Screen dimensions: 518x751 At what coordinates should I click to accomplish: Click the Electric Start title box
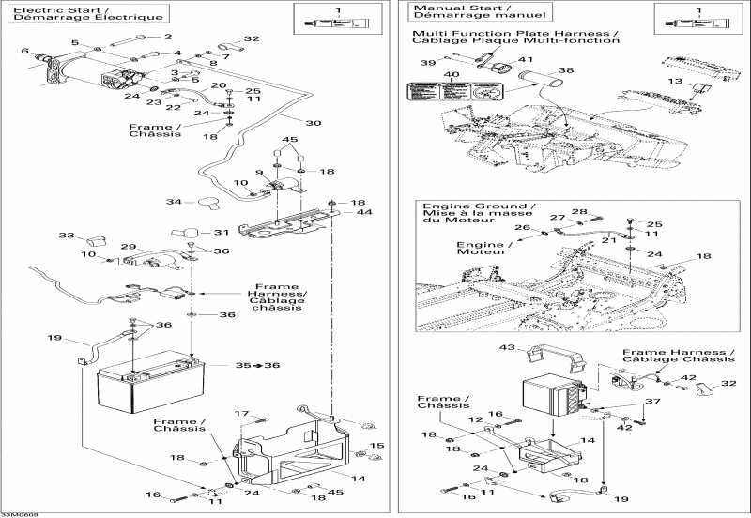[x=86, y=13]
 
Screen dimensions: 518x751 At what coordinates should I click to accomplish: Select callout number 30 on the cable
[x=313, y=122]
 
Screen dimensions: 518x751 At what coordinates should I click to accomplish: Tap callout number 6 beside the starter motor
[x=24, y=51]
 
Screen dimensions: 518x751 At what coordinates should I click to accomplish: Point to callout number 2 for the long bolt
[x=169, y=37]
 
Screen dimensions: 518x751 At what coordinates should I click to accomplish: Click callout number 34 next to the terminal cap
[x=173, y=202]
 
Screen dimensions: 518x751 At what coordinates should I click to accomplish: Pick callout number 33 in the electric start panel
[x=66, y=236]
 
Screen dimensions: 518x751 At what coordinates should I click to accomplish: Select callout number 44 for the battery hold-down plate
[x=363, y=214]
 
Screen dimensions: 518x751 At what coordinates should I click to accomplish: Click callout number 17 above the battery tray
[x=241, y=413]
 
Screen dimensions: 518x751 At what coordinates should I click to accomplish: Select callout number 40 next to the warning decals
[x=452, y=74]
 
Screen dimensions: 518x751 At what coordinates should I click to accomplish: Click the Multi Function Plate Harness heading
[x=516, y=36]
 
